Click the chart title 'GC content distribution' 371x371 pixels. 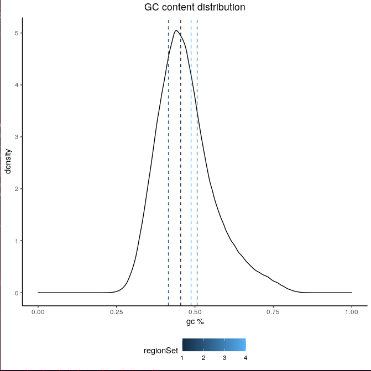click(195, 8)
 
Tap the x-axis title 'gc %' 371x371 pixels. click(195, 321)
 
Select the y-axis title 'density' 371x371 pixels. click(8, 161)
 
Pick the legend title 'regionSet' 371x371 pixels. click(160, 351)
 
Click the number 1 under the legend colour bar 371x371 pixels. click(182, 358)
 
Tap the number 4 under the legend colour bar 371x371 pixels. click(245, 358)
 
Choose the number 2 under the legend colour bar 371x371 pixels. click(203, 358)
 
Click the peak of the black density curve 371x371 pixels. click(176, 31)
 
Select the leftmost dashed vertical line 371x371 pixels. click(169, 166)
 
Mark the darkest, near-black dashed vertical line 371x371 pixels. click(181, 166)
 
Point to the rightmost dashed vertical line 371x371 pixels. click(197, 166)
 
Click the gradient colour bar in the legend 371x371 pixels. click(214, 345)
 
